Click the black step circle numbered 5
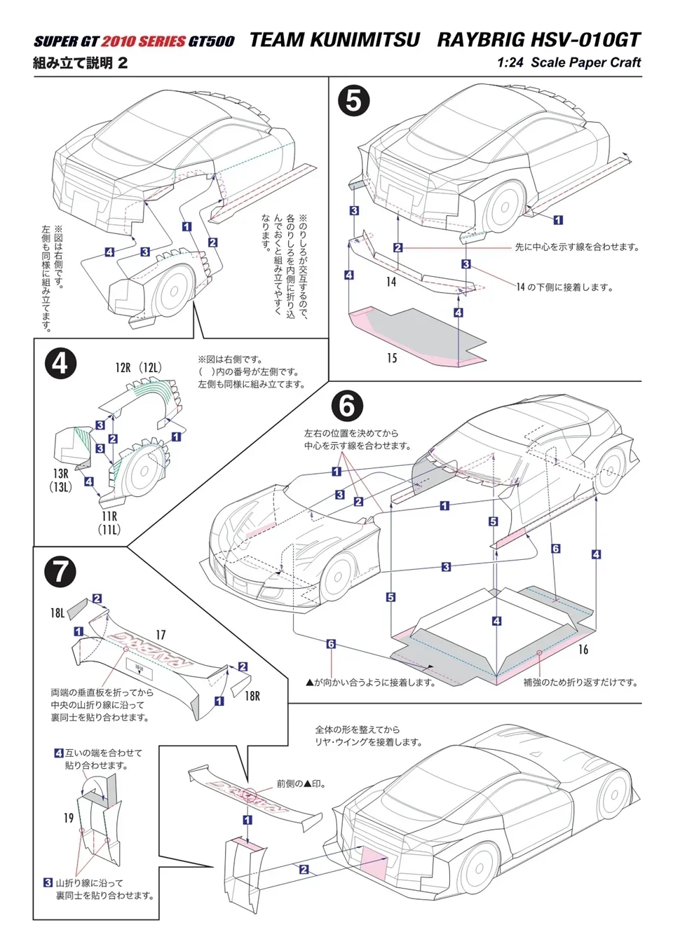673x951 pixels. pyautogui.click(x=353, y=101)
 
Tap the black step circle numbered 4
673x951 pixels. pyautogui.click(x=60, y=364)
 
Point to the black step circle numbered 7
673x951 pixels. pyautogui.click(x=60, y=571)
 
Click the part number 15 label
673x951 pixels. pyautogui.click(x=392, y=358)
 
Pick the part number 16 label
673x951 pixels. pyautogui.click(x=583, y=650)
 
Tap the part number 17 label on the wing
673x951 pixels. pyautogui.click(x=161, y=635)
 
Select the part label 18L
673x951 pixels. pyautogui.click(x=57, y=613)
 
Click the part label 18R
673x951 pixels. pyautogui.click(x=252, y=696)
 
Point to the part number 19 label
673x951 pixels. pyautogui.click(x=68, y=817)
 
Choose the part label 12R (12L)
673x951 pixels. pyautogui.click(x=138, y=367)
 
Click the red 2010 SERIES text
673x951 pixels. pyautogui.click(x=143, y=41)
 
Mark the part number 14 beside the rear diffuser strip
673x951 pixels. pyautogui.click(x=391, y=282)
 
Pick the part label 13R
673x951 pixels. pyautogui.click(x=61, y=474)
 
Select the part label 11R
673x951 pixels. pyautogui.click(x=109, y=516)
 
